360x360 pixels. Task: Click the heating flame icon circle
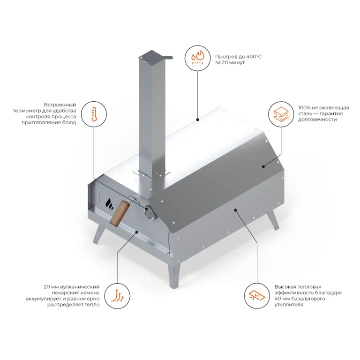click(197, 58)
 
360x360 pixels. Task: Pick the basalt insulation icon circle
click(256, 295)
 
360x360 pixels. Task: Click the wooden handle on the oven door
click(119, 213)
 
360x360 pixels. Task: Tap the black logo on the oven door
click(109, 202)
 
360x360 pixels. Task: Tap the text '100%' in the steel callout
click(306, 107)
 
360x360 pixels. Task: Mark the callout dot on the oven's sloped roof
click(263, 166)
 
